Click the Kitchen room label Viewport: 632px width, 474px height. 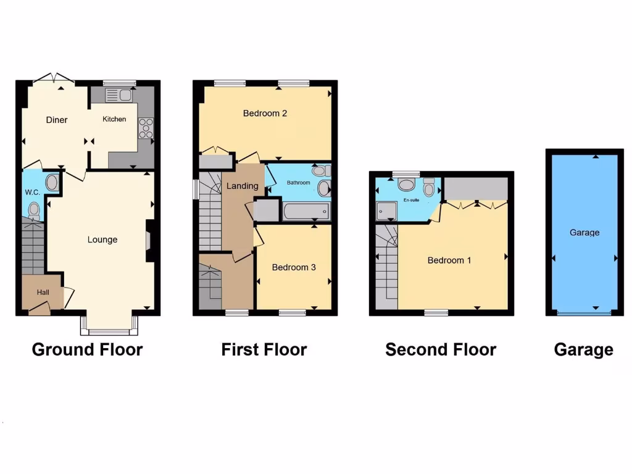pos(114,119)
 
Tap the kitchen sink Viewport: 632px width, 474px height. pos(119,95)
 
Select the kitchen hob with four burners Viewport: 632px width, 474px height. pos(146,128)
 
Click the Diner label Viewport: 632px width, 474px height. pos(57,120)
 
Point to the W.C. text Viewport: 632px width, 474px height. pos(32,193)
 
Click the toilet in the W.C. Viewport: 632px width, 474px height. pos(35,212)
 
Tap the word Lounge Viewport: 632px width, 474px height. pos(102,239)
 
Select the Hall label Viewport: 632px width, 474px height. pos(43,292)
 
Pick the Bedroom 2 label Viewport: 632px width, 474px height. pos(265,113)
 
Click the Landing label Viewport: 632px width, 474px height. pos(243,186)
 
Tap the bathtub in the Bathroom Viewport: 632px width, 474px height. pos(306,212)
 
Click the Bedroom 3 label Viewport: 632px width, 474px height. pos(294,267)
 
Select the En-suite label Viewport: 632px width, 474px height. pos(412,201)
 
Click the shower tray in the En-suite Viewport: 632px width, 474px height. pos(387,211)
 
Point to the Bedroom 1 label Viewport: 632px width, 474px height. pos(449,260)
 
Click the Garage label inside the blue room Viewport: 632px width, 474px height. pos(584,233)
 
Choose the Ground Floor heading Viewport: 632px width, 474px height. pos(87,350)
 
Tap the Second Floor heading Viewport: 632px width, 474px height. pos(441,350)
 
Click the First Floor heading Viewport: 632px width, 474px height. pos(264,350)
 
